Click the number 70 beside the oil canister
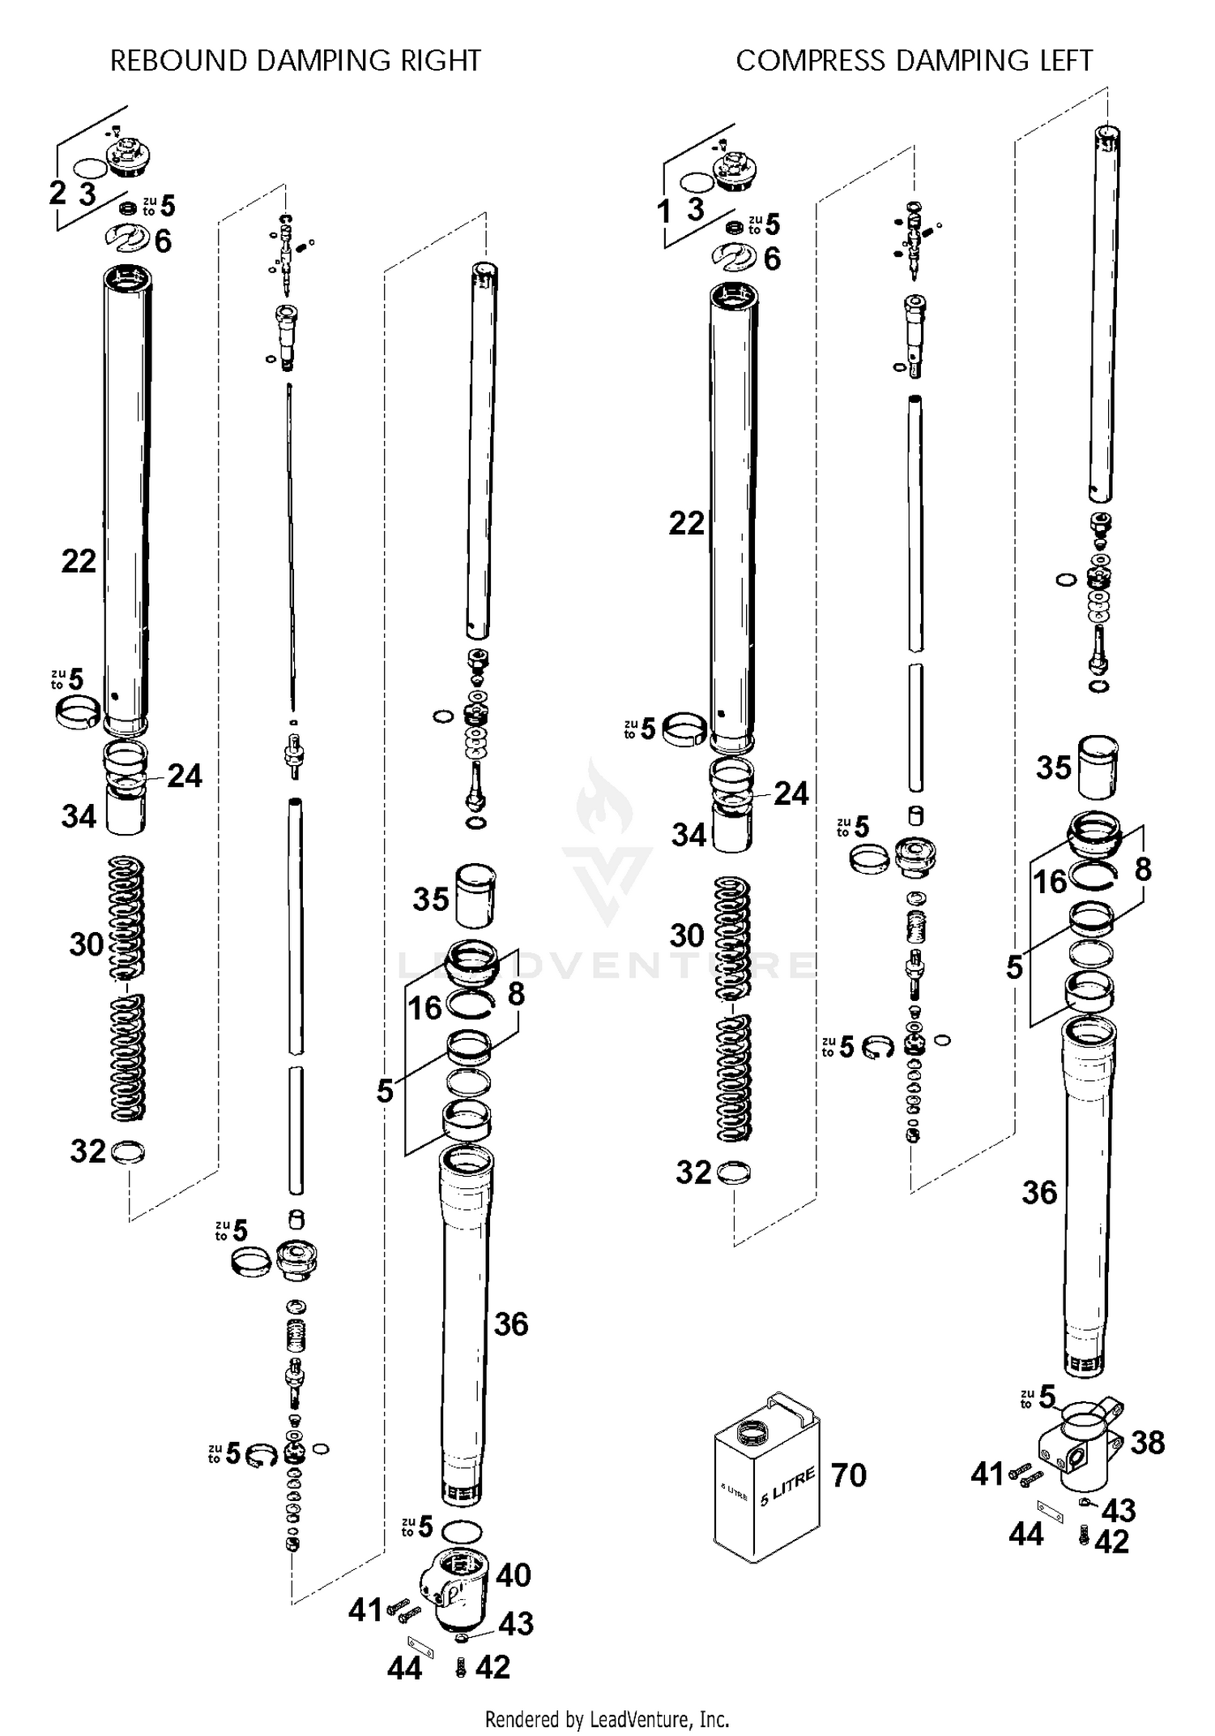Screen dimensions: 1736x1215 click(x=848, y=1475)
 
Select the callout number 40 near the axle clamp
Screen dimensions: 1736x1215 click(x=513, y=1575)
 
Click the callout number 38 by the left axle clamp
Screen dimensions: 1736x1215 click(x=1147, y=1442)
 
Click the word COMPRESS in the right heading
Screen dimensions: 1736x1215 click(x=810, y=61)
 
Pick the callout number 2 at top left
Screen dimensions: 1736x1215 click(x=58, y=193)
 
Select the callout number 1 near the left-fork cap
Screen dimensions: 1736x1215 click(x=664, y=212)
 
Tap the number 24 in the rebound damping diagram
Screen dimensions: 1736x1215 click(x=185, y=776)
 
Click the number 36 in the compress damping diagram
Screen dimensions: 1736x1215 click(x=1039, y=1192)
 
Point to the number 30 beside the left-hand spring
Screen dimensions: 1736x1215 click(x=86, y=944)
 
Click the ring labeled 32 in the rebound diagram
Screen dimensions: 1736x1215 click(x=128, y=1152)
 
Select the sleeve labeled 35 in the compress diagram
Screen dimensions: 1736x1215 click(x=1098, y=767)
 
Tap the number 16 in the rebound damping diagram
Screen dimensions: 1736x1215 click(x=424, y=1008)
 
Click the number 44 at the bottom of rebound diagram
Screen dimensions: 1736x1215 click(x=404, y=1669)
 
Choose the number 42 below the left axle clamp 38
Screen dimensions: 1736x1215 click(x=1111, y=1541)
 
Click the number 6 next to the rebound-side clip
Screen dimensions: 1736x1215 click(x=164, y=241)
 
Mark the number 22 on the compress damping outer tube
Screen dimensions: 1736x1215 click(x=686, y=524)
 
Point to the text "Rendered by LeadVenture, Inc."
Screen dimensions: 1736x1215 click(x=607, y=1718)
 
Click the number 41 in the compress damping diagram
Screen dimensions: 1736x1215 click(x=987, y=1474)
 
